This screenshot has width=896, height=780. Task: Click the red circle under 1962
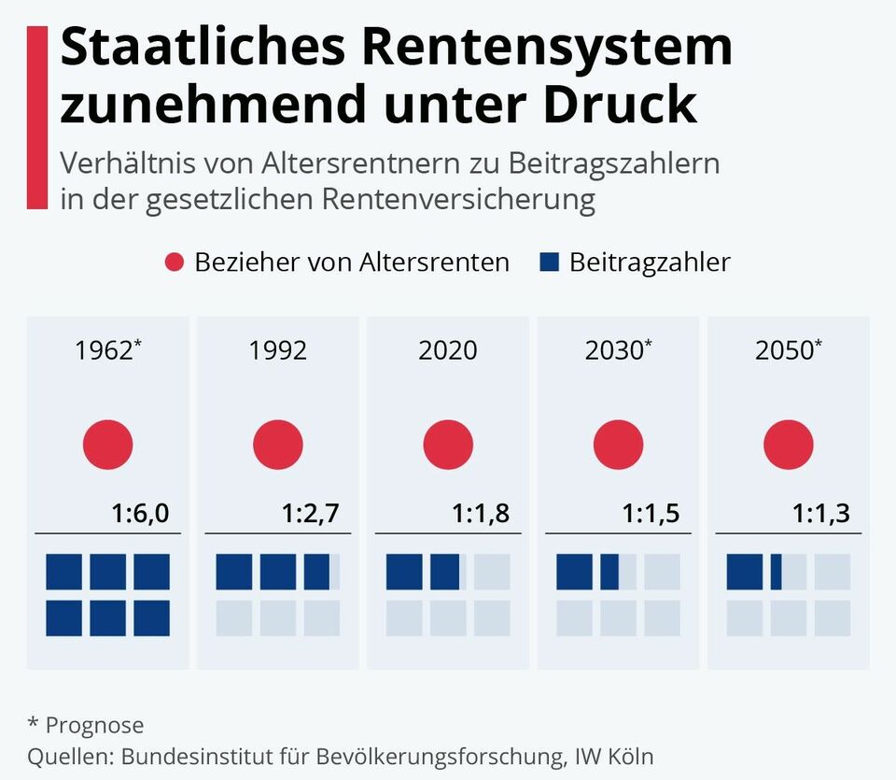pos(108,445)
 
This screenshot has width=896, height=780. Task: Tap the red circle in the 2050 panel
pos(789,445)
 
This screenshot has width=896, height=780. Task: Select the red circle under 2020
pos(448,445)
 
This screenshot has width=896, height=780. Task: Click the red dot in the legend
pos(175,262)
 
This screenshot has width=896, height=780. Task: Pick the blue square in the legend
pos(549,262)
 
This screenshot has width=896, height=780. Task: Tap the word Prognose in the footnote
pos(95,726)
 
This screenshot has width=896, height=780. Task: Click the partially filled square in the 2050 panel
pos(789,572)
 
